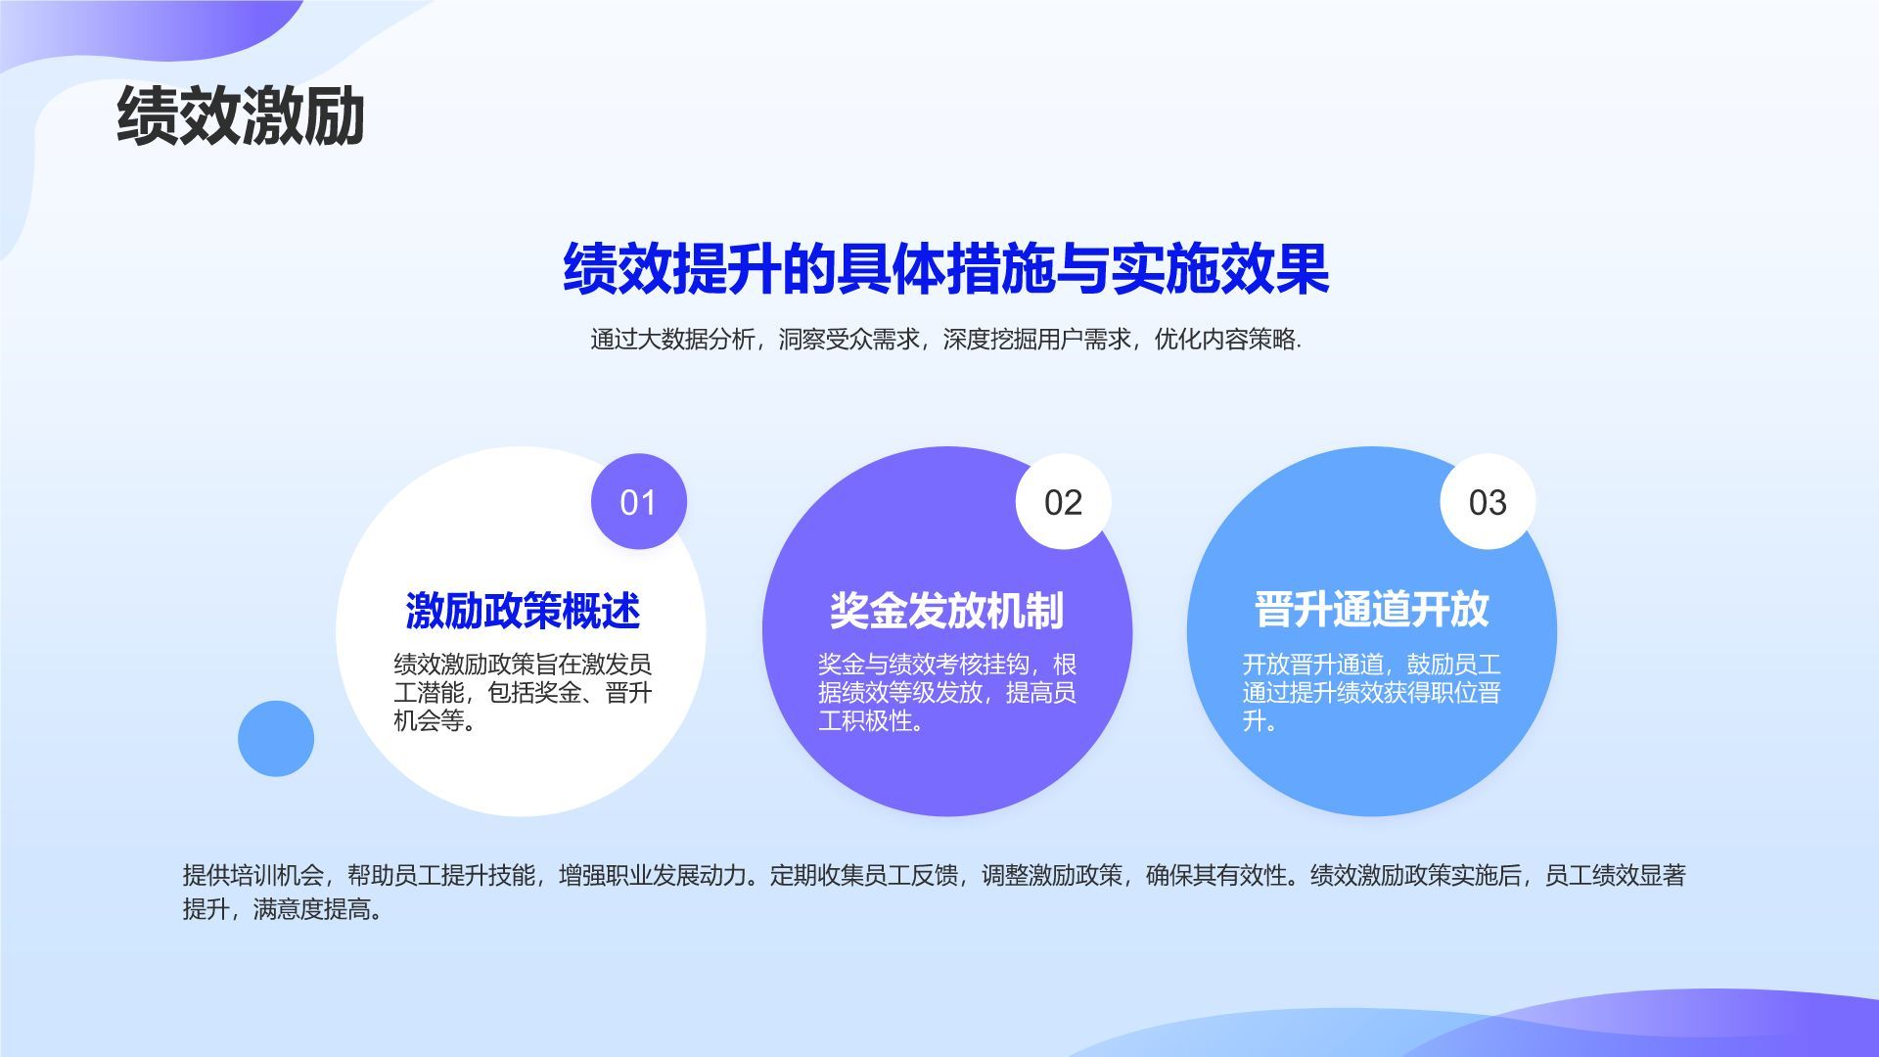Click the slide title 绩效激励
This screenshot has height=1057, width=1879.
click(240, 115)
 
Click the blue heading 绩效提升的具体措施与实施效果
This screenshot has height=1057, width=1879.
click(945, 268)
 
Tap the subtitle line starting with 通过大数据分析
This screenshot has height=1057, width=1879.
click(945, 340)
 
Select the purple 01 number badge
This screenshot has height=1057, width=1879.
click(638, 502)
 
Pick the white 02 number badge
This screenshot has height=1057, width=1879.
click(1063, 502)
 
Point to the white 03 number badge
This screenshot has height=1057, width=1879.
click(1488, 502)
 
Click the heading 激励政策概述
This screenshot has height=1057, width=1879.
click(523, 611)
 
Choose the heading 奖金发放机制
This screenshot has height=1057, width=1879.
click(946, 611)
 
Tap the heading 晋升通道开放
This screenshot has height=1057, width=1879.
click(1371, 609)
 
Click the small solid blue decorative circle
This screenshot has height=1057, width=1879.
click(276, 739)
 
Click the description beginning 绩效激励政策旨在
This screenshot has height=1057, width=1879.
click(523, 693)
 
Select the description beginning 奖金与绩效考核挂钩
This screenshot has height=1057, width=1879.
click(946, 693)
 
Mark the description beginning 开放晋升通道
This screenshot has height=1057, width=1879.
click(1371, 693)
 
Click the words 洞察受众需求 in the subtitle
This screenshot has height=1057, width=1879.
click(849, 340)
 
